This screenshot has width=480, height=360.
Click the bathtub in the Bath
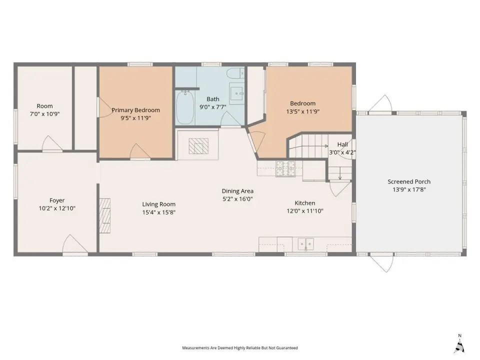185,107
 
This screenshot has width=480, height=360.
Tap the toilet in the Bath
235,73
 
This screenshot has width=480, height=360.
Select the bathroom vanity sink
237,93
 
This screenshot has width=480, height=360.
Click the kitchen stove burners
285,168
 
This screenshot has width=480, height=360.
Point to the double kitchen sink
306,244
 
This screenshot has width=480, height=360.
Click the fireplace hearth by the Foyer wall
104,216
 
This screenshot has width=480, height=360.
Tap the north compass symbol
459,344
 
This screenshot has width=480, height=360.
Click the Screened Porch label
409,181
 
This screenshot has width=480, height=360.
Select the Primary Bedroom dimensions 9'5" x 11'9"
136,118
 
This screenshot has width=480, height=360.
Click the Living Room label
159,204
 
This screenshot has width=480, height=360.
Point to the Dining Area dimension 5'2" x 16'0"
237,199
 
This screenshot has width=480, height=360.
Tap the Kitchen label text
305,203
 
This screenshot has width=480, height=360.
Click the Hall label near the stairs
342,144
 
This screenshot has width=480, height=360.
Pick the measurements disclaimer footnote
240,348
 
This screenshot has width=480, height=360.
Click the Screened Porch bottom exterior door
381,263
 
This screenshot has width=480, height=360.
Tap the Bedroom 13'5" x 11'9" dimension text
303,111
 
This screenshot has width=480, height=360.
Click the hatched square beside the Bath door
198,146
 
